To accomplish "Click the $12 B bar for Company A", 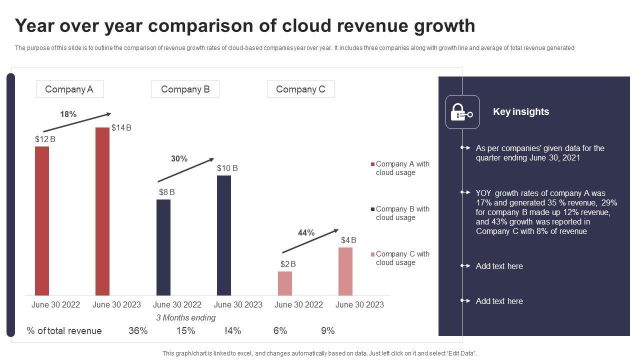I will click(42, 220).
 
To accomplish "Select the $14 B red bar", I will click(102, 211).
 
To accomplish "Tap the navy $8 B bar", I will click(163, 247).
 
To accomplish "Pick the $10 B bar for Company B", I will click(224, 235).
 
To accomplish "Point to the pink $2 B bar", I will click(285, 283).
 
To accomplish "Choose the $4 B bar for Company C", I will click(345, 271).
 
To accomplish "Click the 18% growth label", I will click(68, 114).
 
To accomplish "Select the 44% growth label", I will click(306, 232).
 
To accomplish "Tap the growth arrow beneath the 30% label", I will click(185, 170).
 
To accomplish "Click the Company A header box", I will click(69, 89).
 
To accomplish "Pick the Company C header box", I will click(300, 89).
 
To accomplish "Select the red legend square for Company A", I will click(372, 164).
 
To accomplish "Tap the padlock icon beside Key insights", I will click(462, 112).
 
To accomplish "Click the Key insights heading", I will click(521, 111).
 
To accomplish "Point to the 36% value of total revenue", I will click(138, 330).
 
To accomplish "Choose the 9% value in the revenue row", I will click(327, 330).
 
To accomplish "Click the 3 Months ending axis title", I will click(186, 317).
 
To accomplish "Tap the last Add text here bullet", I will click(499, 301).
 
